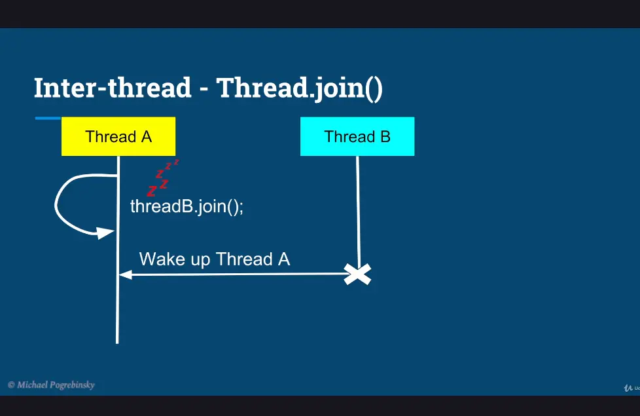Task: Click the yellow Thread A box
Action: tap(118, 136)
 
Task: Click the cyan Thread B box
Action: tap(357, 136)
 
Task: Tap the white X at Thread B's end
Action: tap(357, 274)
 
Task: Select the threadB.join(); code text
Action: tap(187, 206)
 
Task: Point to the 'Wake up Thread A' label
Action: tap(215, 259)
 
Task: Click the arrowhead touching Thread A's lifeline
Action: tap(125, 274)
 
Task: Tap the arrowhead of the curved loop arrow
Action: tap(105, 233)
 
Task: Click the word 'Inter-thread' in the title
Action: tap(113, 87)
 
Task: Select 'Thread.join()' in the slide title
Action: tap(300, 88)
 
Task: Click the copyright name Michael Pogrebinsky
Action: tap(56, 385)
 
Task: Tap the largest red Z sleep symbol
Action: tap(152, 191)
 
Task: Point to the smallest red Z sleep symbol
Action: tap(176, 162)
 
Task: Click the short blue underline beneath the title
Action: tap(48, 119)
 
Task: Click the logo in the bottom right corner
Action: tap(631, 388)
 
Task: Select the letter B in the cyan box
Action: tap(385, 136)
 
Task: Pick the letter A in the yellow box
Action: tap(147, 136)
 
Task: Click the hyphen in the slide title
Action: tap(204, 89)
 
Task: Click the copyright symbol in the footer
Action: tap(11, 385)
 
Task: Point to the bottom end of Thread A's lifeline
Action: tap(117, 343)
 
